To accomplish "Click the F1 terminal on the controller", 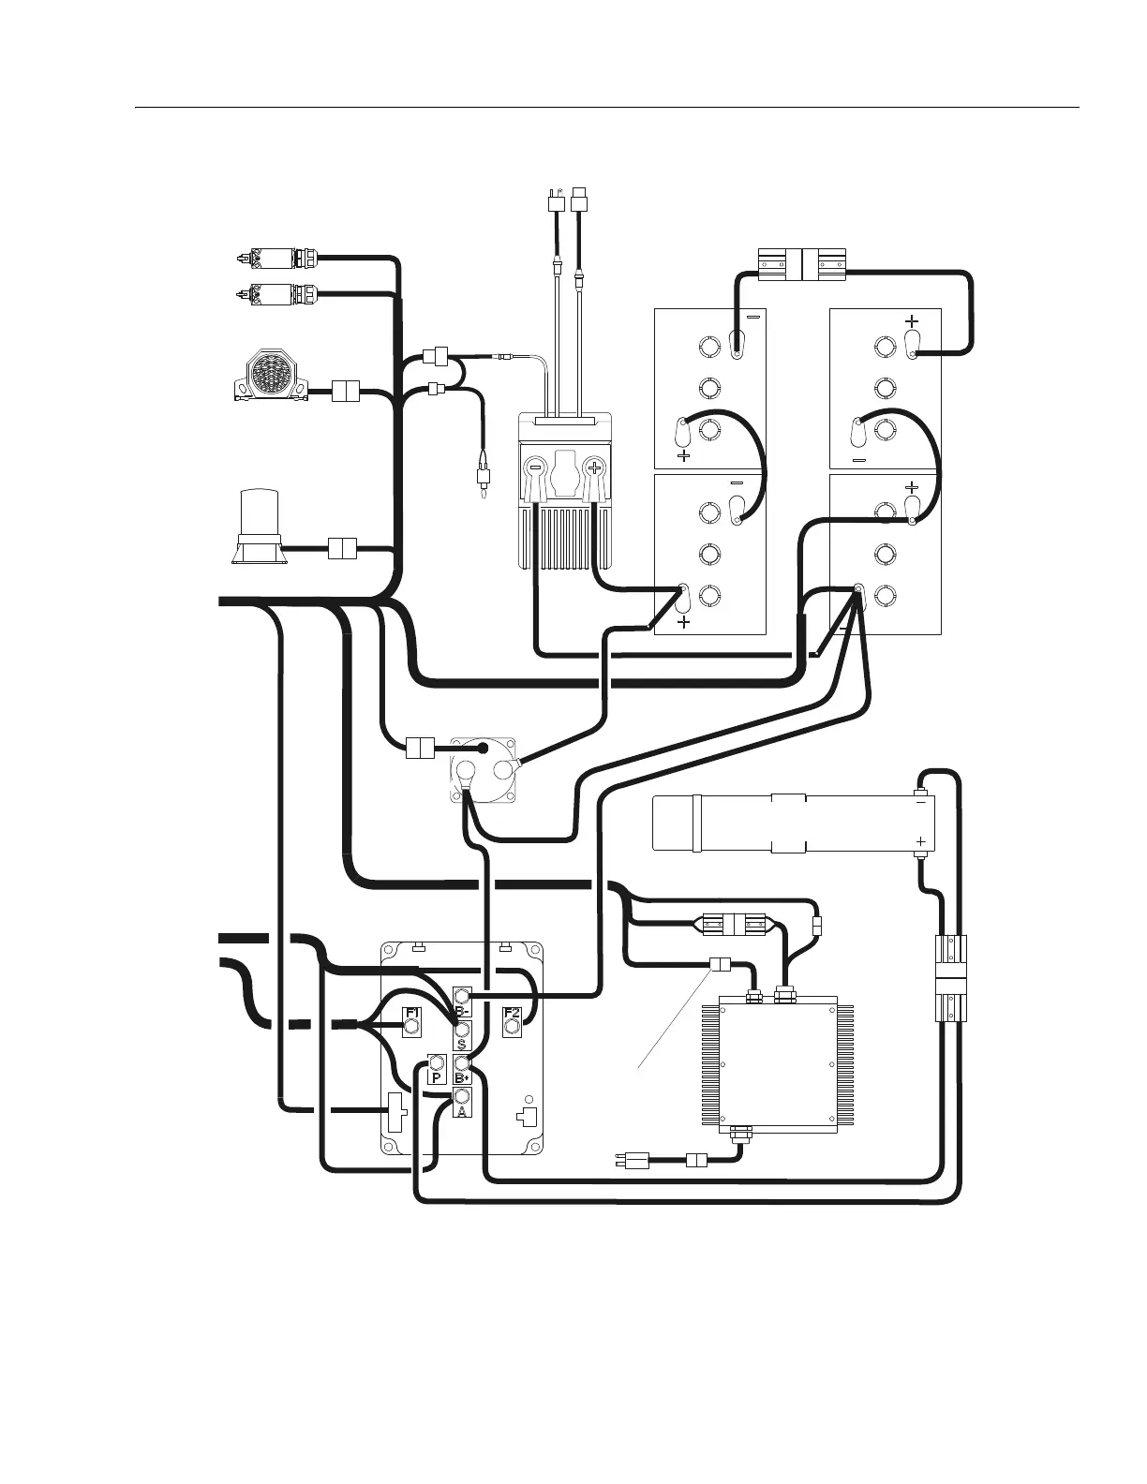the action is (x=410, y=1028).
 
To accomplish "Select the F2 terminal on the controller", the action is (x=512, y=1028).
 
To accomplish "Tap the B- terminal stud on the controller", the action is (x=462, y=996).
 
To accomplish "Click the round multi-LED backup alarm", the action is (x=270, y=374).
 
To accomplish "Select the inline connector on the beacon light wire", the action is (x=342, y=548).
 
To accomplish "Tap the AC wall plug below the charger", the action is (x=636, y=1161).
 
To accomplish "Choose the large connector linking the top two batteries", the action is (x=801, y=261).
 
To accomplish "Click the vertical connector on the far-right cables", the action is (x=951, y=980).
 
